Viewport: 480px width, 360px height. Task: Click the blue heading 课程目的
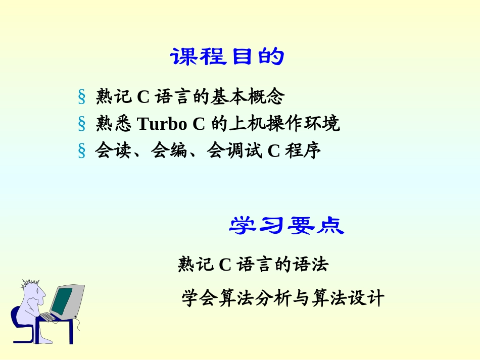[x=227, y=57]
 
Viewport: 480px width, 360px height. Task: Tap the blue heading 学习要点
[x=286, y=226]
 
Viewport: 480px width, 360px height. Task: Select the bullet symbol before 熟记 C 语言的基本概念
[x=81, y=96]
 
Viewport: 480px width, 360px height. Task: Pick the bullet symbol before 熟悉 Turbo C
[x=81, y=124]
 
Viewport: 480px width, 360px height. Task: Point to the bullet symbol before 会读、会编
[x=81, y=151]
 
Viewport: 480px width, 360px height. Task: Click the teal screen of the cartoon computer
[x=62, y=300]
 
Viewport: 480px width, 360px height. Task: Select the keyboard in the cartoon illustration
[x=47, y=317]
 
